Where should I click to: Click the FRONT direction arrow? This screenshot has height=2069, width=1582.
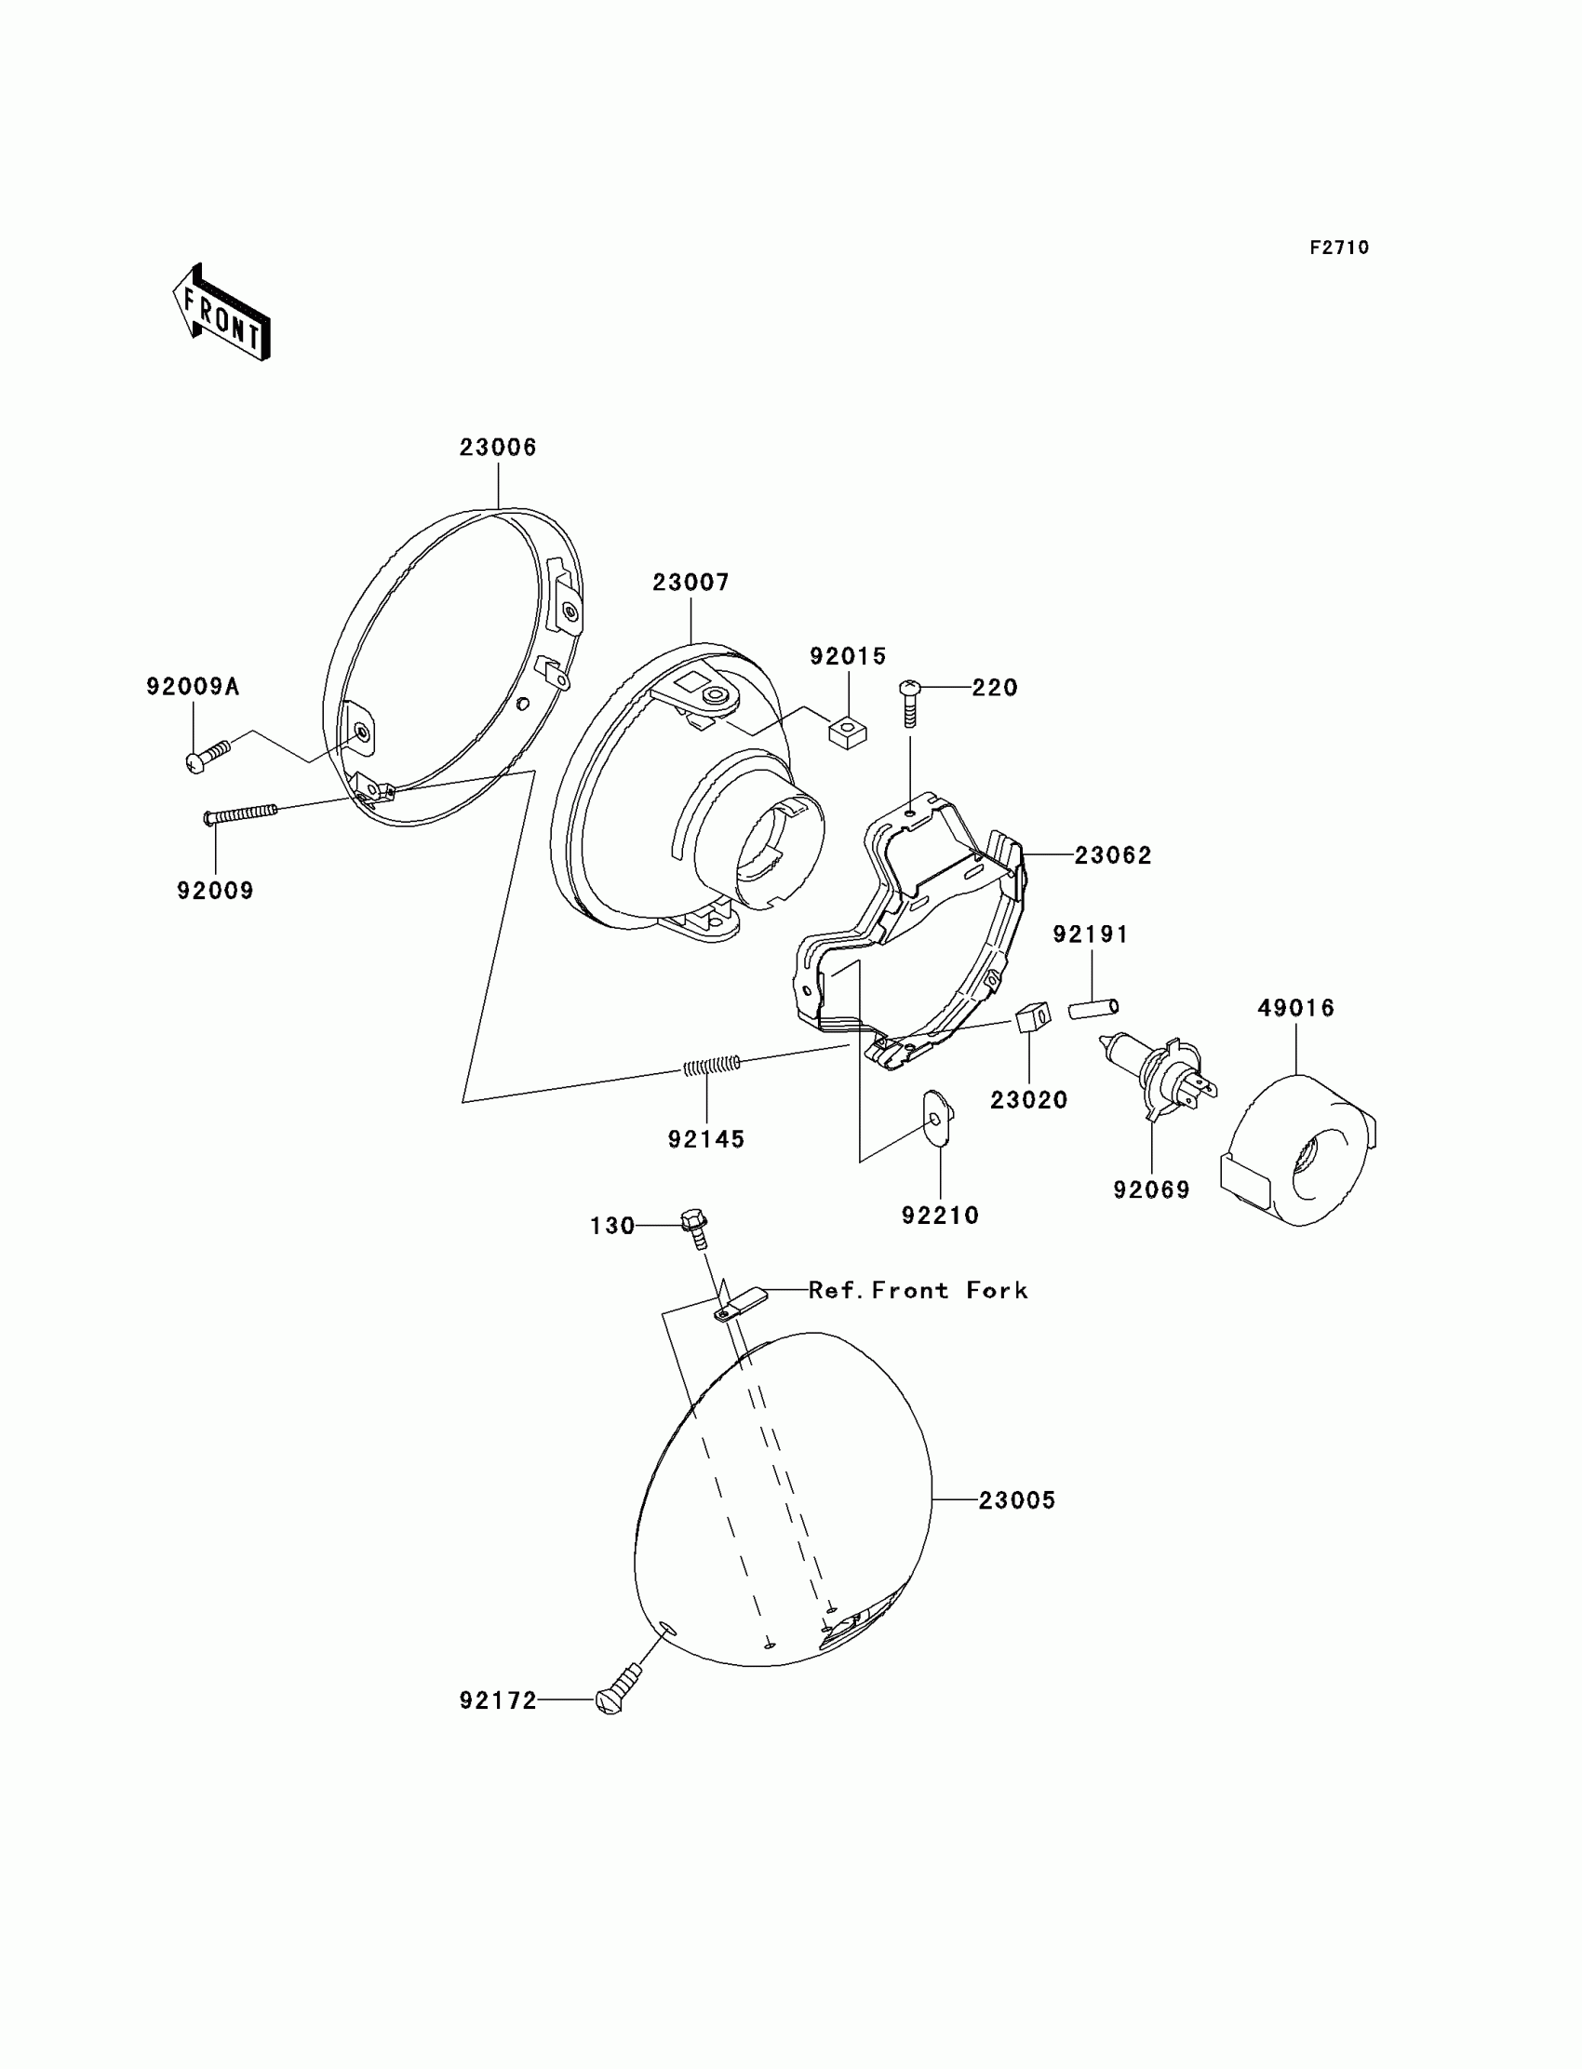point(222,314)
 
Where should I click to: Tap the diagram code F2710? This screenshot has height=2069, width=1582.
point(1338,248)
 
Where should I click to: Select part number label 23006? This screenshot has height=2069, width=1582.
point(497,448)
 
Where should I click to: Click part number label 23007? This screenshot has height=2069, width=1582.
point(690,583)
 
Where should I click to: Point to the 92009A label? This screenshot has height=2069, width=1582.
point(193,687)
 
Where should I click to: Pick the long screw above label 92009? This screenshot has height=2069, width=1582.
point(241,813)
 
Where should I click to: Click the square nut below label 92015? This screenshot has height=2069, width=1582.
point(848,731)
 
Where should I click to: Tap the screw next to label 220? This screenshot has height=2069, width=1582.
point(910,702)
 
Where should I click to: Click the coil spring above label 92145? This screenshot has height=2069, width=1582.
point(711,1065)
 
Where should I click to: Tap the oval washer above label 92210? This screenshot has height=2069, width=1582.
point(938,1119)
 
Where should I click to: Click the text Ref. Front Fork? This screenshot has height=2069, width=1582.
point(918,1290)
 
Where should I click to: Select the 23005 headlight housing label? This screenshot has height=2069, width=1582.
point(1016,1500)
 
